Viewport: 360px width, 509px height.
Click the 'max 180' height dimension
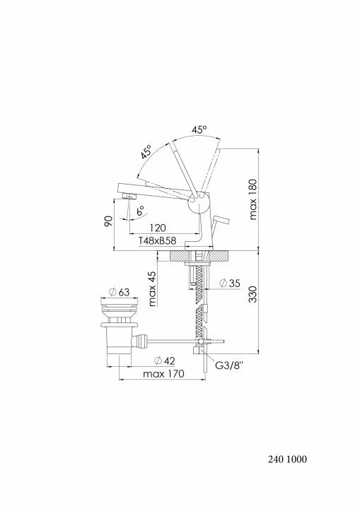click(x=253, y=199)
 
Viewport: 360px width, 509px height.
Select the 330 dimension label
click(x=252, y=294)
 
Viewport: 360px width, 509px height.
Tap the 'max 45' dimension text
click(x=152, y=289)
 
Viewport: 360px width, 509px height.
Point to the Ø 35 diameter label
click(x=229, y=283)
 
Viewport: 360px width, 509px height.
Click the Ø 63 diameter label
click(x=119, y=292)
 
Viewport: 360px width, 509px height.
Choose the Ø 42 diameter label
click(x=164, y=361)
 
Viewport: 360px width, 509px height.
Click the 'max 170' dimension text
click(x=163, y=374)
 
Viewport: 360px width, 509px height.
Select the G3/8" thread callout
click(x=229, y=365)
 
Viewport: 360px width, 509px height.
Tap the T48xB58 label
click(x=157, y=240)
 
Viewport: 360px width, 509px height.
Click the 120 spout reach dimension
click(x=158, y=228)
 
